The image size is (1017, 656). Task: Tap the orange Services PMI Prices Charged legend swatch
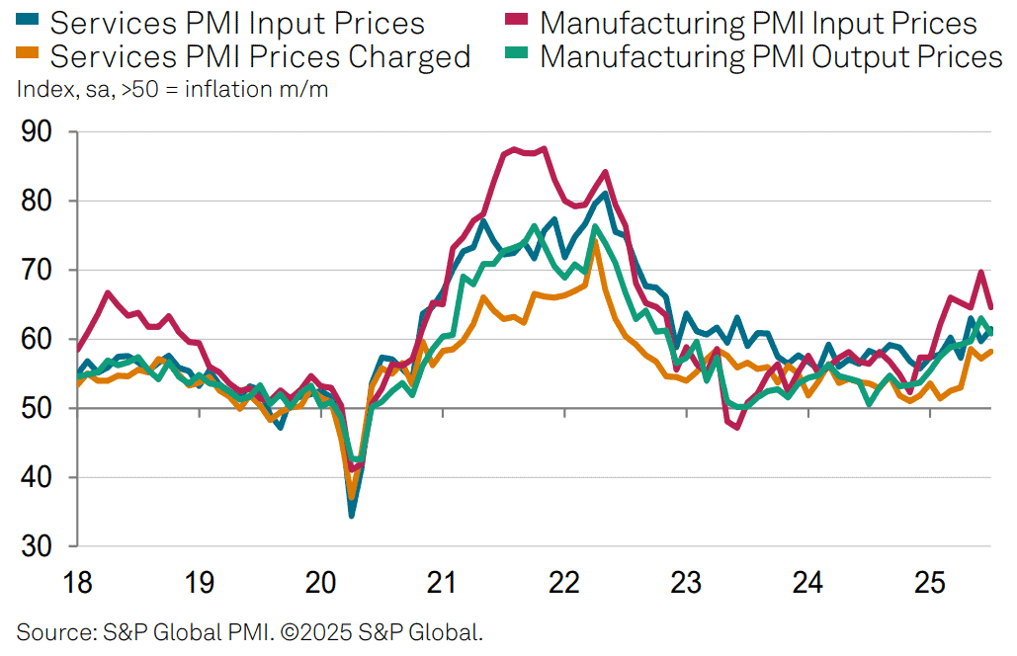[x=28, y=51]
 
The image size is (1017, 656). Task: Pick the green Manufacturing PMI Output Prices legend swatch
[x=516, y=51]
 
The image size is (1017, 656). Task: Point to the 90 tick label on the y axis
[x=37, y=131]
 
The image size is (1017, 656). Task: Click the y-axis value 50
[x=37, y=408]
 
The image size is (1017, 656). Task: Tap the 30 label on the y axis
[x=37, y=546]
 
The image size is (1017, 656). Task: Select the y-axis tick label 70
[x=37, y=270]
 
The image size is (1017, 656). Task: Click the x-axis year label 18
[x=78, y=582]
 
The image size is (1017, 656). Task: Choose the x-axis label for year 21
[x=443, y=582]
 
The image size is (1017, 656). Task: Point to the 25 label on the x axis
[x=929, y=582]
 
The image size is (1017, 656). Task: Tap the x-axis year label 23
[x=686, y=582]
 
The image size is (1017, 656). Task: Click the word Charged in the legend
[x=409, y=57]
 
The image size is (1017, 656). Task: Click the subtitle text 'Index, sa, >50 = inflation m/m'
[x=173, y=89]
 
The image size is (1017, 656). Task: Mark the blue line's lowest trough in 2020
[x=352, y=516]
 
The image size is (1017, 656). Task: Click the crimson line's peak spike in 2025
[x=981, y=272]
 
